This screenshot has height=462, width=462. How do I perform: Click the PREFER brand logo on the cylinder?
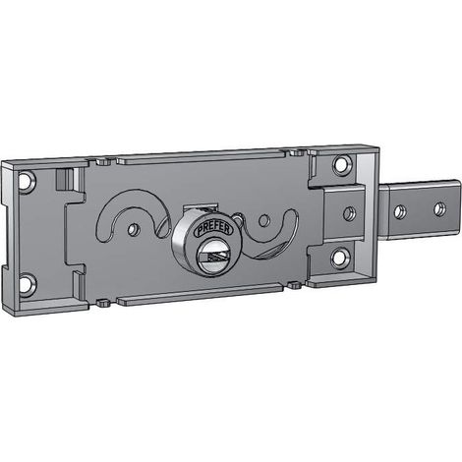point(213,229)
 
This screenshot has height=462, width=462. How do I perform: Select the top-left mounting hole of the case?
point(27,181)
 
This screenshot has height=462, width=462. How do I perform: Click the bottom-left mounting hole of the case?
point(27,284)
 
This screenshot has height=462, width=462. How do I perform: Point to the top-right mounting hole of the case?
point(342,164)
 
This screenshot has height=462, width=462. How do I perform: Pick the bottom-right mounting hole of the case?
point(340,258)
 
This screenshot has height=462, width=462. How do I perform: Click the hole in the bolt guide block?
point(349,213)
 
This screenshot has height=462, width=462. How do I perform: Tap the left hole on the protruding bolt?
point(400,212)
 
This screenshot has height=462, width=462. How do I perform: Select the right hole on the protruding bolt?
point(439,209)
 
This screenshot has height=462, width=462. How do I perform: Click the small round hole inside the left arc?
point(133,230)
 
